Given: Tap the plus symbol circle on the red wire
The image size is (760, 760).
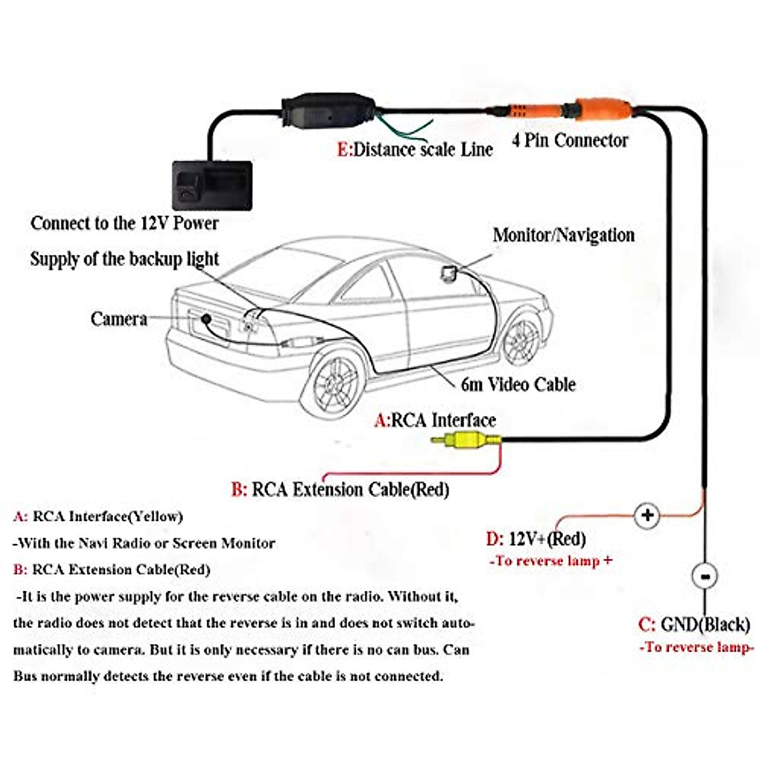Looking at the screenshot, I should pos(647,514).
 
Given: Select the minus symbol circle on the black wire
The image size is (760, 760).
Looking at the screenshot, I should pos(704,576).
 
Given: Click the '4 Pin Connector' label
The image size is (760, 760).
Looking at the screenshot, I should pos(569,140).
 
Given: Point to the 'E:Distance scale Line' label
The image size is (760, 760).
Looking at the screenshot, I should pos(415,150).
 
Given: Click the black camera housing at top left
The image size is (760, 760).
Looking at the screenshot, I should pos(212,185).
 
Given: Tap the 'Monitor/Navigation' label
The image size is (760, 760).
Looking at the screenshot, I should pos(563,236).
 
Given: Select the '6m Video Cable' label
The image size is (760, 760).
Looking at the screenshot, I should pos(517,384).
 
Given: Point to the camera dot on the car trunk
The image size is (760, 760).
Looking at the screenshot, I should pos(206,319).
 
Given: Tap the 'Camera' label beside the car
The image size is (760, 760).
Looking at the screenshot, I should pos(118,319).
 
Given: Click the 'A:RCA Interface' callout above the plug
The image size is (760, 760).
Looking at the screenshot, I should pos(435,420).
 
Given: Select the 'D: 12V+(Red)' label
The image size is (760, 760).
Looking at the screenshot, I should pos(536,539).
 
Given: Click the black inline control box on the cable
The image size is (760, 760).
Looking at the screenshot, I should pos(327,111).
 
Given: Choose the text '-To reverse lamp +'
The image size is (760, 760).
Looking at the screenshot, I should pos(550,561).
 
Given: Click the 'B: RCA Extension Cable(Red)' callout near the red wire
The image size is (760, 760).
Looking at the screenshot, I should pos(340,490).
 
